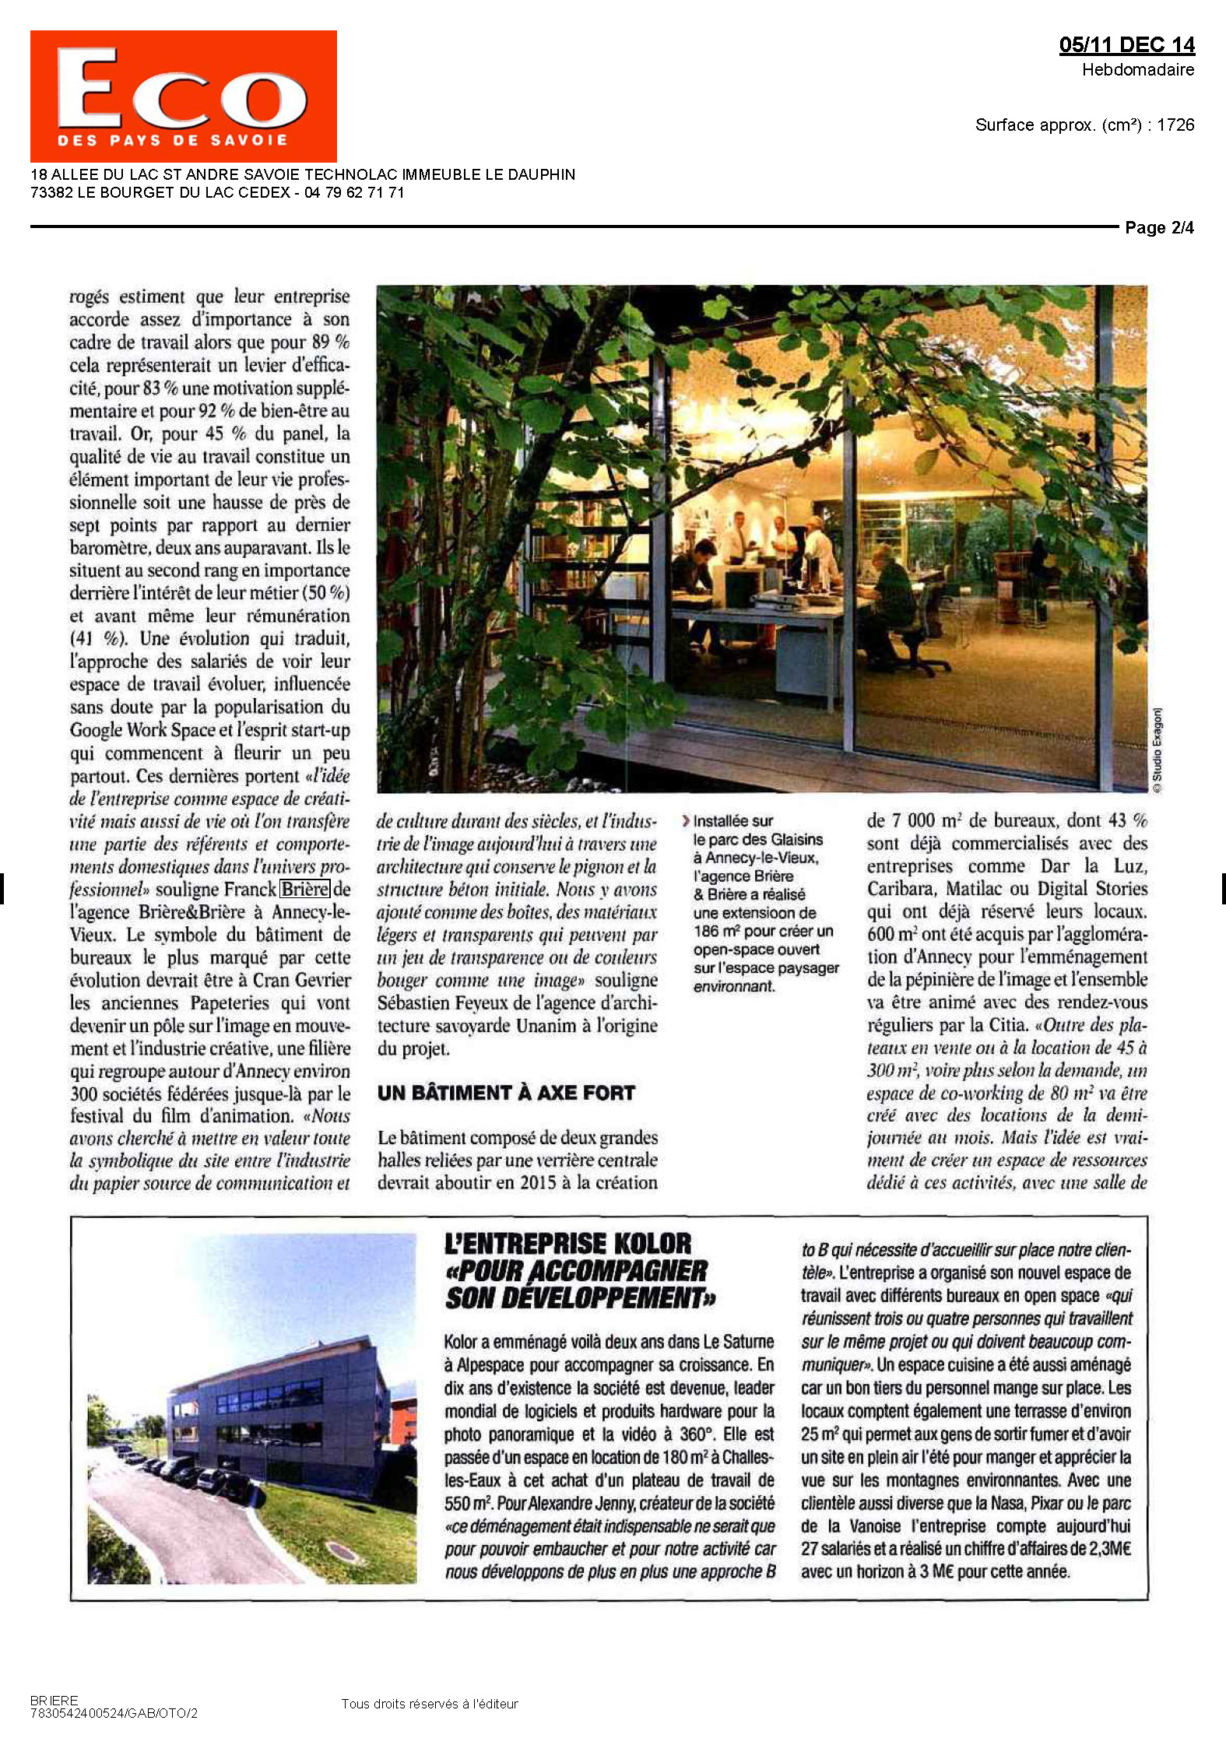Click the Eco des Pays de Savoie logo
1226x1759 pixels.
[x=183, y=96]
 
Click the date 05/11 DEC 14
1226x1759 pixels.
[x=1126, y=45]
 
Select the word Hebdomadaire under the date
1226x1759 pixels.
[x=1137, y=70]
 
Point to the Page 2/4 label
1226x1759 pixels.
[x=1158, y=228]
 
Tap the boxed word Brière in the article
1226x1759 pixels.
[x=305, y=889]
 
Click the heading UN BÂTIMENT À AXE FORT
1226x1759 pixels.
[x=506, y=1093]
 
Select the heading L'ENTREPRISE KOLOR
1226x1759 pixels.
[x=567, y=1243]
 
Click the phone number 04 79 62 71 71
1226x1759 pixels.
[x=354, y=193]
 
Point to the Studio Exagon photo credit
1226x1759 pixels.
[x=1157, y=750]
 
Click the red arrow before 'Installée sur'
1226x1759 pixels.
[x=685, y=820]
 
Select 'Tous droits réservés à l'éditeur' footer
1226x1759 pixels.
[x=429, y=1704]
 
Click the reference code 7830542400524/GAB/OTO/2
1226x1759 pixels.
[x=114, y=1713]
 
